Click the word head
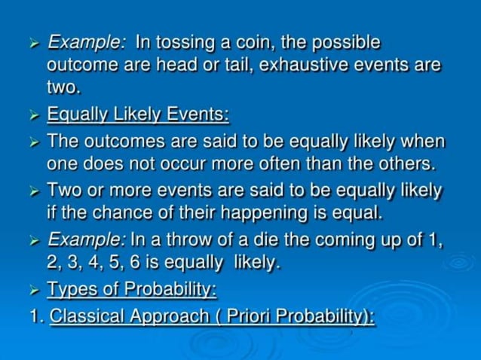tap(182, 64)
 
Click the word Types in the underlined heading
tap(71, 288)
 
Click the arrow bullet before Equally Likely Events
tap(33, 115)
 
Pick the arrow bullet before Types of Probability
tap(33, 289)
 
